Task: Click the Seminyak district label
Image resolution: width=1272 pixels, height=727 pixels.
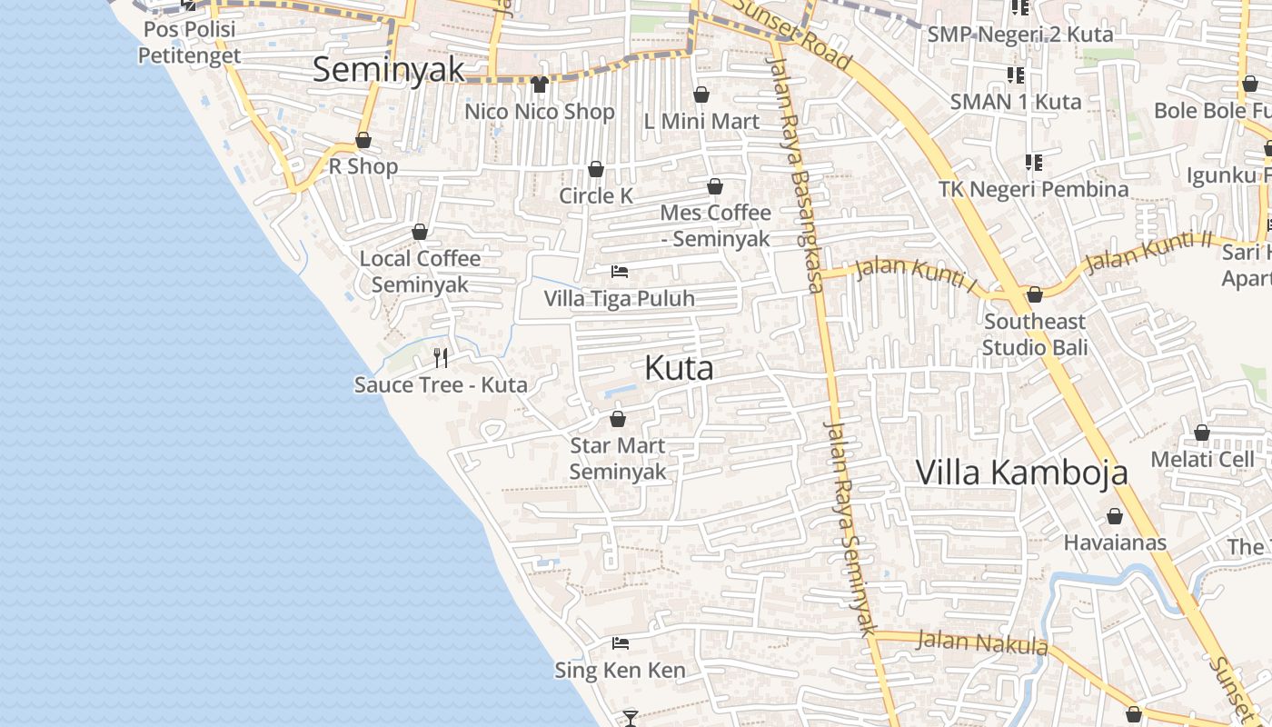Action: click(x=388, y=69)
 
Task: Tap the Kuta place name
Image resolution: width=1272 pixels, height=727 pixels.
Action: click(x=679, y=368)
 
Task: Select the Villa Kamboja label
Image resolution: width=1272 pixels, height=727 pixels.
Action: click(x=1021, y=473)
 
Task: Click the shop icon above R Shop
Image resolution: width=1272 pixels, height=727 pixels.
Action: click(x=363, y=140)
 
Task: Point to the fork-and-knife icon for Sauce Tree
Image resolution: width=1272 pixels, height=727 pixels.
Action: click(x=441, y=357)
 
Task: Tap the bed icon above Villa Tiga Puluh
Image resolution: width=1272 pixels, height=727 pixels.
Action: click(x=620, y=272)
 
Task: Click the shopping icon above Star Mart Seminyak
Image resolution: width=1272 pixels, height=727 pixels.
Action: click(x=618, y=419)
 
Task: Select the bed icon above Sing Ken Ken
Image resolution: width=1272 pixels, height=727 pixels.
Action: click(x=621, y=643)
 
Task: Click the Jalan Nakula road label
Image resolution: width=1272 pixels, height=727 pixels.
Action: click(x=982, y=642)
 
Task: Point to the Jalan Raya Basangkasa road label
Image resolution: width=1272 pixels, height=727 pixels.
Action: click(x=793, y=173)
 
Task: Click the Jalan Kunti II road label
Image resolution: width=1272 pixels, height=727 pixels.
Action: click(x=1149, y=251)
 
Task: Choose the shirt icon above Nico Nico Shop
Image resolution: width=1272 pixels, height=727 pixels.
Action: click(x=540, y=85)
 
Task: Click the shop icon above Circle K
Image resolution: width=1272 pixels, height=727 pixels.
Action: click(x=596, y=169)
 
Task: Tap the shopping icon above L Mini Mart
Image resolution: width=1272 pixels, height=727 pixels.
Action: click(x=701, y=95)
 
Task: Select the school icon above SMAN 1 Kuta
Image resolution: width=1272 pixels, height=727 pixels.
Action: click(x=1015, y=75)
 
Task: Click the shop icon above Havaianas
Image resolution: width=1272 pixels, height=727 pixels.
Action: click(x=1115, y=516)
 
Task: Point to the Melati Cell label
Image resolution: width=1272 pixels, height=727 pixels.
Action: click(x=1202, y=459)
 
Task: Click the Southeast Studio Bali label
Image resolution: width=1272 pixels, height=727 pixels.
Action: click(x=1034, y=334)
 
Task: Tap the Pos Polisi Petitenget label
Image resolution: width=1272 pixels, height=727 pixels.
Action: click(x=189, y=42)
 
